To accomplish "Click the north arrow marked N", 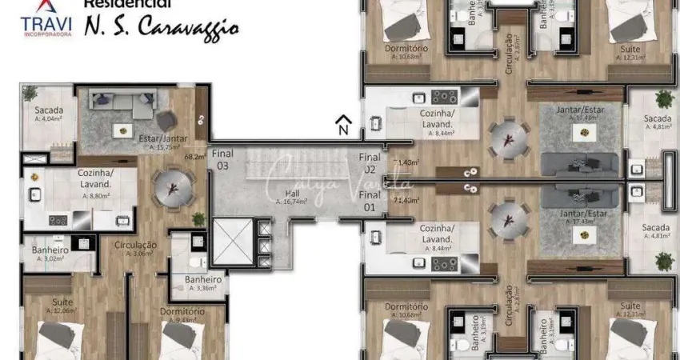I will [342, 125].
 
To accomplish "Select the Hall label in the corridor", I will [289, 196].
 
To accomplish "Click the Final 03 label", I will [222, 160].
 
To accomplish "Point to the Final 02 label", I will [369, 163].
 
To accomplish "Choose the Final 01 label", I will [369, 201].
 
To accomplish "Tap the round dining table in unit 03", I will [172, 190].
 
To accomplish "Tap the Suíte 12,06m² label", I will [58, 305].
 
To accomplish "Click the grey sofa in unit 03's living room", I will [121, 102].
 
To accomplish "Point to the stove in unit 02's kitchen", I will [443, 97].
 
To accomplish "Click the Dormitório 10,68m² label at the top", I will [406, 51].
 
